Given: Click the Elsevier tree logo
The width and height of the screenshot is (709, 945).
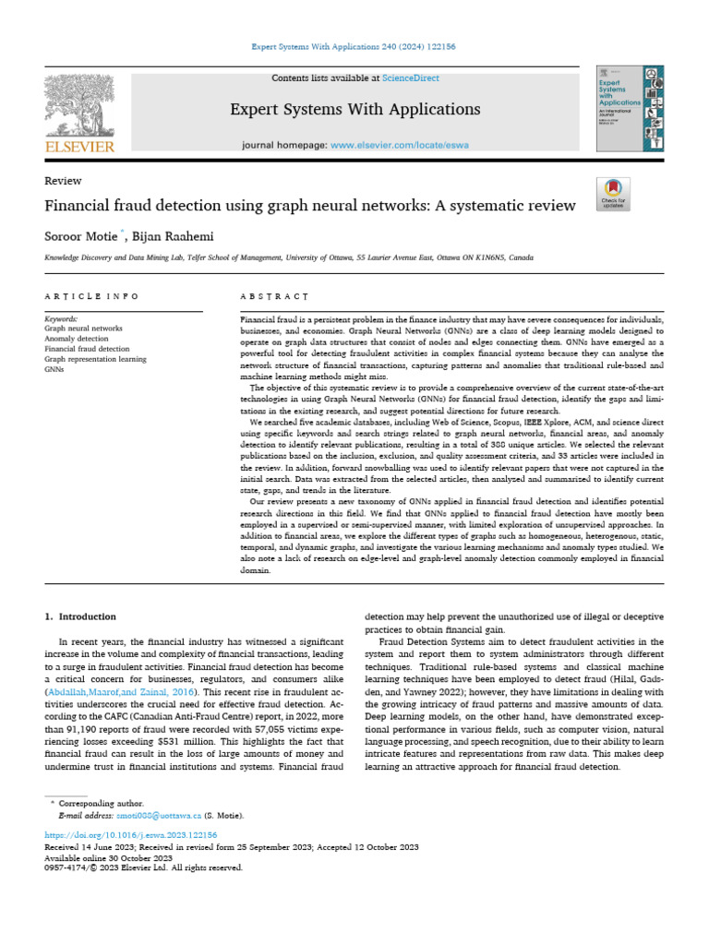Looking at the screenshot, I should point(78,111).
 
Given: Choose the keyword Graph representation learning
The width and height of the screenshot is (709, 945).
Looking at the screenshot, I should point(95,359).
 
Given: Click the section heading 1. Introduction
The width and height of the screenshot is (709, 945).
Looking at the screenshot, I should point(80,616).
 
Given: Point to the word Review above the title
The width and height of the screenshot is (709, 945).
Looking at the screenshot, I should point(64,181).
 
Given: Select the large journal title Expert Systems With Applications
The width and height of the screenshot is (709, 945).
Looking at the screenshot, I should point(354,110).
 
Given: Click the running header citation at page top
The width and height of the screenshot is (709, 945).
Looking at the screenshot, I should point(354,46).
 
